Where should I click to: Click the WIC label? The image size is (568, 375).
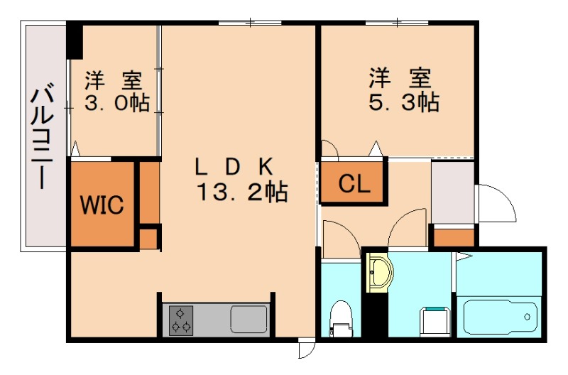pos(102,205)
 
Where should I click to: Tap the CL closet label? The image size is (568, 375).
pos(354,184)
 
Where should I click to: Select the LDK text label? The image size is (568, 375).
pos(234,167)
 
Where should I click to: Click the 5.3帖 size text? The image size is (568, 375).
pos(403,102)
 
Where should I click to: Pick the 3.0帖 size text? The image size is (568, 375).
pos(117,102)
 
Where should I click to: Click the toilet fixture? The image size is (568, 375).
pos(342,318)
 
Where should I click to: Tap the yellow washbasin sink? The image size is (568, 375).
pos(379,273)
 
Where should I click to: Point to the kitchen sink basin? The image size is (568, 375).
pos(248,319)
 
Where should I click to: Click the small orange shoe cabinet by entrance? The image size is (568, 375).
pos(453,237)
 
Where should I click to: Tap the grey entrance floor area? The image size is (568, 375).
pos(453,192)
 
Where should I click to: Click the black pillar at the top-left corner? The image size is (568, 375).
pos(75,41)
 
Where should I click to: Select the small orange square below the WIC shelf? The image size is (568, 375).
pos(148,239)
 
